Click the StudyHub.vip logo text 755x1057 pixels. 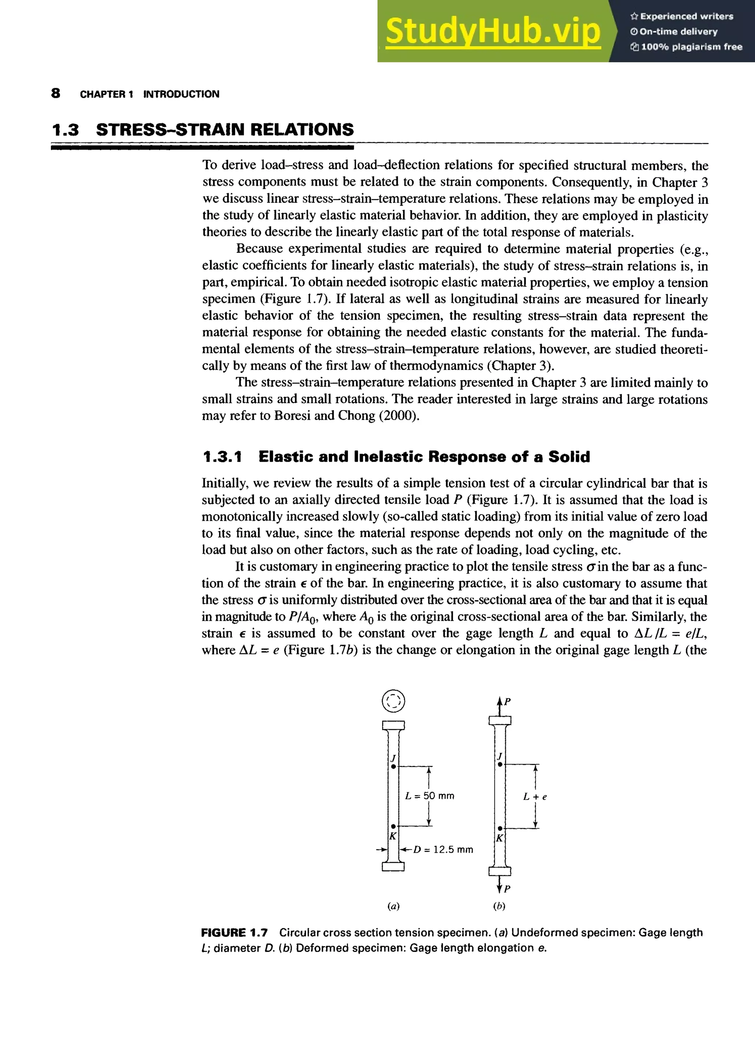(493, 31)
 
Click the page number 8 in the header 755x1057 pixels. (55, 94)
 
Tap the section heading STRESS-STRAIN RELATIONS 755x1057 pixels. (225, 130)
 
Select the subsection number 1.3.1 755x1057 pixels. (222, 457)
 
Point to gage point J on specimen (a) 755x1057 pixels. (393, 767)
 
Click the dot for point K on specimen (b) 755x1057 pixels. (500, 828)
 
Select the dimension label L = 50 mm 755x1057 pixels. (429, 796)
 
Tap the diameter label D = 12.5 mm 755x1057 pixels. (443, 850)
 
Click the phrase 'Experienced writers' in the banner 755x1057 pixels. (686, 16)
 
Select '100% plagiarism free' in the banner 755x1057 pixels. (691, 46)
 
